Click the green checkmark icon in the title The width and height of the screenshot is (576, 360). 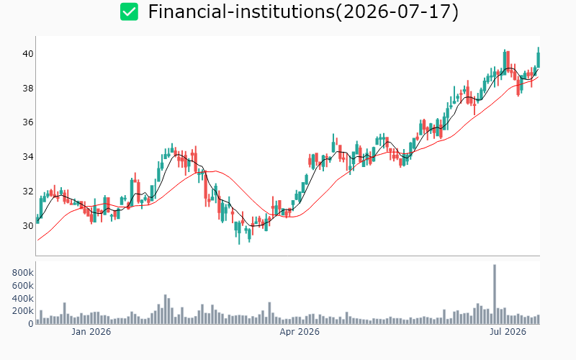129,12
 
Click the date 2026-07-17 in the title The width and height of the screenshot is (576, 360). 397,12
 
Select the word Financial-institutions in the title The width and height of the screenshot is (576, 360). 241,12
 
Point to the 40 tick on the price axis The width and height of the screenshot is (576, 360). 28,54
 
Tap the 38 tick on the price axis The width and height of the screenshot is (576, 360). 28,88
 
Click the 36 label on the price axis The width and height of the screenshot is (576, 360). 28,122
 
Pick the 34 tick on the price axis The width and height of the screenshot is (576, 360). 28,157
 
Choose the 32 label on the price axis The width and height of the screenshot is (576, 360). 28,192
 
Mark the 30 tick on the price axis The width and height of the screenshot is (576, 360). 28,225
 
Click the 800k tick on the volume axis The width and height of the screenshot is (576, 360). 23,273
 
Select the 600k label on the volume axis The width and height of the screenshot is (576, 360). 23,285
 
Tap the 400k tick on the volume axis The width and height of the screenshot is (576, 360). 23,298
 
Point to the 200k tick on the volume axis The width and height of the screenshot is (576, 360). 23,311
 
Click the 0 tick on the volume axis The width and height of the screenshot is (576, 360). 31,323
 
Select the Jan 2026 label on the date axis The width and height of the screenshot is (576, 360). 91,332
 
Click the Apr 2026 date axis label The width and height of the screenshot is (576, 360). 300,332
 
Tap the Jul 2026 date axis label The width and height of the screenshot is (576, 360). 508,332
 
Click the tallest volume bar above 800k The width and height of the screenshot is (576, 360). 495,294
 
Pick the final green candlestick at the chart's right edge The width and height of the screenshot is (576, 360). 538,60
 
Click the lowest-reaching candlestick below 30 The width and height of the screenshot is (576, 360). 239,231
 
